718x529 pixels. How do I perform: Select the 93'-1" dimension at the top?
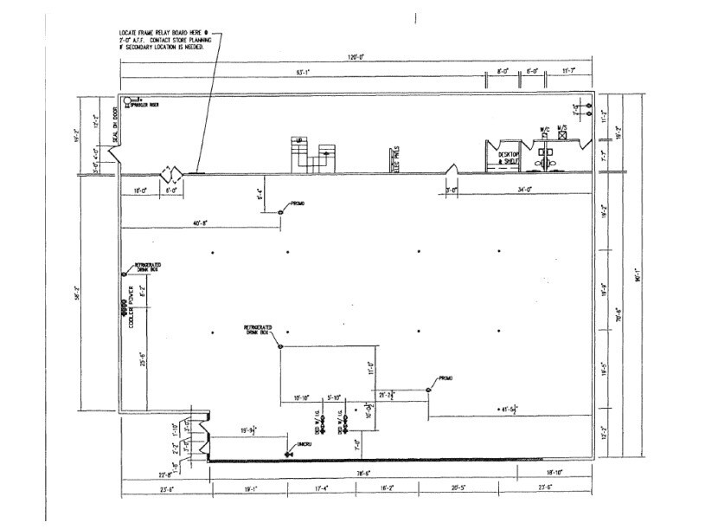pos(302,74)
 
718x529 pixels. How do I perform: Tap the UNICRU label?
pos(304,444)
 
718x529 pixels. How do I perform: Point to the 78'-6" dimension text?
pos(362,473)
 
